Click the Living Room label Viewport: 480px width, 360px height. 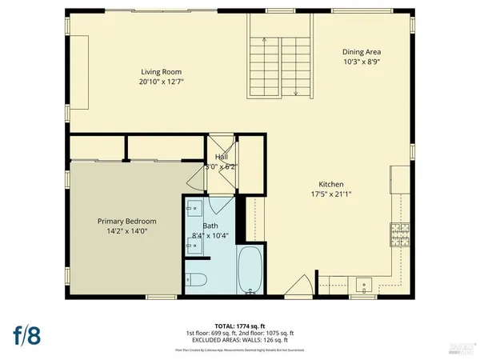159,72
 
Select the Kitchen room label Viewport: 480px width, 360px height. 330,183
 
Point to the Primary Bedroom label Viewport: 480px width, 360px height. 126,221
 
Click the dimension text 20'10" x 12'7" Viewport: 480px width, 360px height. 159,82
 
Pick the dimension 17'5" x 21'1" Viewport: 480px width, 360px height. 330,194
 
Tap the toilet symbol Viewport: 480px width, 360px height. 196,280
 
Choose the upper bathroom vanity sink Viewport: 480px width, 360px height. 192,211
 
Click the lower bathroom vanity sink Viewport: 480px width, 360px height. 192,243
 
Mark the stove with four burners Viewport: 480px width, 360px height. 398,234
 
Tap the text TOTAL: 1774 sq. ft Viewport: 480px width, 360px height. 239,326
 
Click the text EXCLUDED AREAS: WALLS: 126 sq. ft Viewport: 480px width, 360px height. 239,339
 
